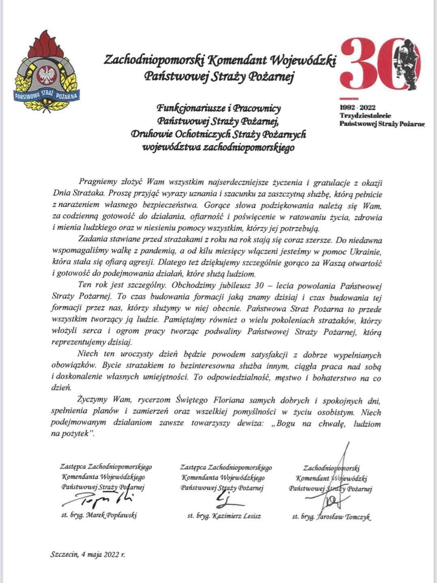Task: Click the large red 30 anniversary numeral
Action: [371, 63]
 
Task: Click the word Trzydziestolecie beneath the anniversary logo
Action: [365, 115]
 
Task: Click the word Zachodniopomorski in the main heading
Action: [154, 60]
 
